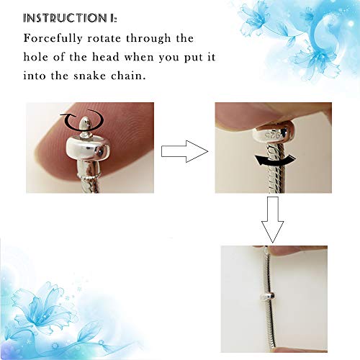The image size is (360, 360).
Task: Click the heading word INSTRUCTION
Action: click(x=65, y=18)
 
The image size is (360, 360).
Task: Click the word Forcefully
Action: click(x=53, y=39)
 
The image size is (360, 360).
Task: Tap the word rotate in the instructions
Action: click(x=104, y=39)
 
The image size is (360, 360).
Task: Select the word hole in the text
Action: click(x=35, y=57)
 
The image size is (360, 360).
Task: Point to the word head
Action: click(x=106, y=57)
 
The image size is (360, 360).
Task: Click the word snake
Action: click(x=89, y=76)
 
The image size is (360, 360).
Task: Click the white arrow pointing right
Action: click(x=184, y=151)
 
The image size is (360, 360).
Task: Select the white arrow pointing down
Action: click(x=273, y=220)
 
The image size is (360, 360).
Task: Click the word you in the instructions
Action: click(x=168, y=58)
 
